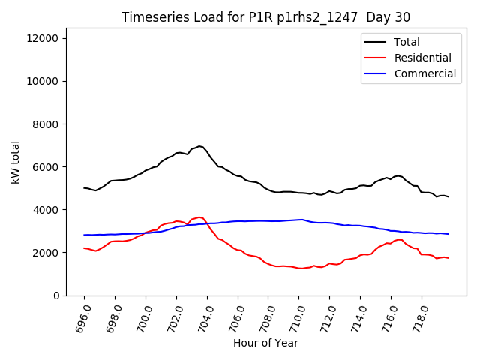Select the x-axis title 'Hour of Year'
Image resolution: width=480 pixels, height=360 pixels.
pyautogui.click(x=265, y=343)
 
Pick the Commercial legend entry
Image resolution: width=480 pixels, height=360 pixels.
pyautogui.click(x=424, y=73)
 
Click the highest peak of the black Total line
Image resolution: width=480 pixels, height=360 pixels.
pyautogui.click(x=199, y=146)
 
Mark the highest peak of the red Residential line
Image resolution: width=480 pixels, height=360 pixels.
pyautogui.click(x=199, y=217)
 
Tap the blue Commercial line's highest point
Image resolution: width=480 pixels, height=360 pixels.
pyautogui.click(x=301, y=220)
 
